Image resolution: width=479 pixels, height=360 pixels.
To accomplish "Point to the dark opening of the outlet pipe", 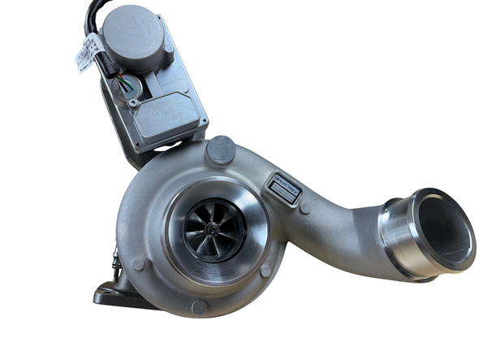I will pos(444,230).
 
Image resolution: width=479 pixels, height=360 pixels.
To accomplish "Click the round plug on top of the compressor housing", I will pos(220,150).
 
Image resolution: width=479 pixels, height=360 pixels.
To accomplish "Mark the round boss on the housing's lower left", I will pos(140,264).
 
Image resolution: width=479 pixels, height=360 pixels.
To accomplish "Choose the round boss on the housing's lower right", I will pos(266,269).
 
